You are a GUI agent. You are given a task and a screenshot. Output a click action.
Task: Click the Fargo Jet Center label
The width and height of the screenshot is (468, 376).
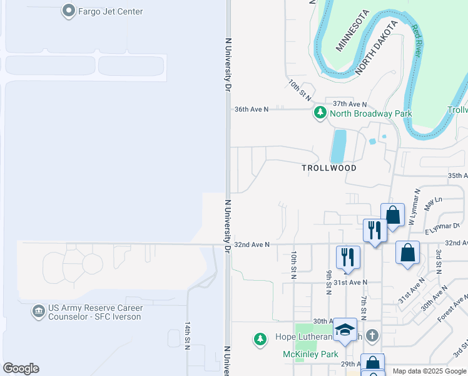point(110,11)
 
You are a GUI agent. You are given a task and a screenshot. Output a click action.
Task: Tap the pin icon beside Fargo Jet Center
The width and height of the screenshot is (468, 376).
point(69,11)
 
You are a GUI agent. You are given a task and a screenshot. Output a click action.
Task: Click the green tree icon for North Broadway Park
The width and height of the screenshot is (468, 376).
point(320,113)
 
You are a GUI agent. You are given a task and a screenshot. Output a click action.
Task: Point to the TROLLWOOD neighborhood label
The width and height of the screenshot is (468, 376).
point(329,168)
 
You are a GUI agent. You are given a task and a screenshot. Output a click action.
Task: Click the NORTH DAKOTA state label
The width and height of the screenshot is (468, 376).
point(377,48)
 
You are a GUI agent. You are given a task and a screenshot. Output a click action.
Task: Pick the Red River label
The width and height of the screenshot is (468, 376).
point(417,41)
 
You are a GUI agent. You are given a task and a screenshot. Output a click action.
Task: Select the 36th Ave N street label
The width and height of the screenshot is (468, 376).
point(251,109)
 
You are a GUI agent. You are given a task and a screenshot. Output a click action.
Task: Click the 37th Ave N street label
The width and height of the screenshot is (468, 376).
point(350,104)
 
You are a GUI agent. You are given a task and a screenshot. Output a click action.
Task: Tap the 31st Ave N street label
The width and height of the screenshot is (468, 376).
point(350,283)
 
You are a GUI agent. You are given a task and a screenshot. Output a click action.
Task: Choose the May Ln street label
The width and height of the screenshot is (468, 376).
point(432,203)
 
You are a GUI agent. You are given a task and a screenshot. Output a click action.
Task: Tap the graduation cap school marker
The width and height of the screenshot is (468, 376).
point(345,329)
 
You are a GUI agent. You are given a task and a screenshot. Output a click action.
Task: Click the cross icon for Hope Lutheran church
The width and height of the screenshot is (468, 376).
point(373,335)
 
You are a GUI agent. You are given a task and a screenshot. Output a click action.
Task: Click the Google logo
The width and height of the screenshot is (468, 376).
point(21,368)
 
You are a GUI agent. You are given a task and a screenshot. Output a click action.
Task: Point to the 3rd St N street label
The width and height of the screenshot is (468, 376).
point(439,261)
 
